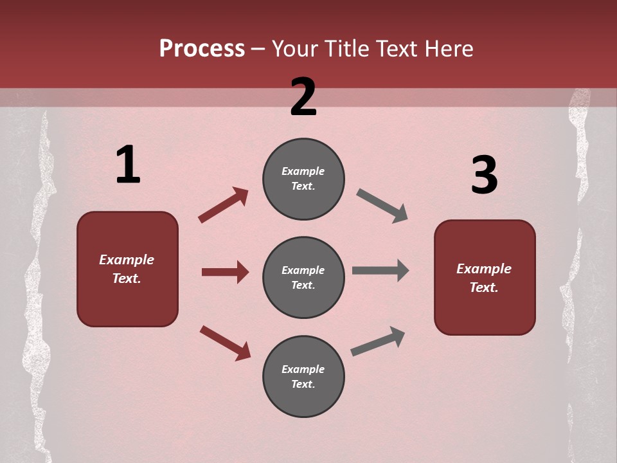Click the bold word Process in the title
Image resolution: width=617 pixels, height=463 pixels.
(202, 49)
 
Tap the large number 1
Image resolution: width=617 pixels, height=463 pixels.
(128, 165)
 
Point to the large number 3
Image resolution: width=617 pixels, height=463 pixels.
(484, 176)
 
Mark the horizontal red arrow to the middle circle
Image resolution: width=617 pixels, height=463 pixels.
(225, 272)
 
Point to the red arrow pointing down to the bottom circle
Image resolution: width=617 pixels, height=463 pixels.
(225, 342)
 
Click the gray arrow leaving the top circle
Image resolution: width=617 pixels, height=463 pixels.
(382, 205)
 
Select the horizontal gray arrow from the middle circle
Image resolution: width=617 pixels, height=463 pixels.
(380, 271)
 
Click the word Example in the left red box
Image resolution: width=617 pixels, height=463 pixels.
(127, 260)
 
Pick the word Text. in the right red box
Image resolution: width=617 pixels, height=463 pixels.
(484, 287)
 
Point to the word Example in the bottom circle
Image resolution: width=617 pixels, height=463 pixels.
(303, 369)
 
